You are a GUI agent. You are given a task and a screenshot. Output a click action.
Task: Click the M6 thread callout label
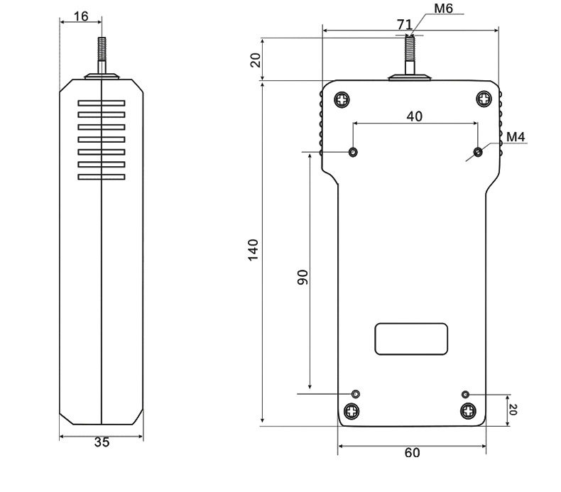(x=443, y=9)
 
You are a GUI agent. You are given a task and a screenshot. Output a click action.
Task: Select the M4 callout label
(x=516, y=137)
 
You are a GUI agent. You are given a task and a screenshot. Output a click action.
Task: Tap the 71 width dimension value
(x=404, y=24)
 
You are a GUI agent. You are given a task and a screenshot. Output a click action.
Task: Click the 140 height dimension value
(x=253, y=250)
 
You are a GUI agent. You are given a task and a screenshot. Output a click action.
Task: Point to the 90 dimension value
(x=303, y=278)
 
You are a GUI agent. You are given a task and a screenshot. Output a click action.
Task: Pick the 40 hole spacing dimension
(x=414, y=116)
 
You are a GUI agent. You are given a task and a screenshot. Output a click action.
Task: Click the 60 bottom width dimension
(x=412, y=453)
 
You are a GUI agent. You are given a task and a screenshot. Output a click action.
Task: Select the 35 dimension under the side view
(x=102, y=442)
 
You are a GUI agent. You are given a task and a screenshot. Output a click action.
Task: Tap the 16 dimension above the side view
(x=81, y=16)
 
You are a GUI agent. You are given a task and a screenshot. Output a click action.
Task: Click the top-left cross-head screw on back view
(x=342, y=99)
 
